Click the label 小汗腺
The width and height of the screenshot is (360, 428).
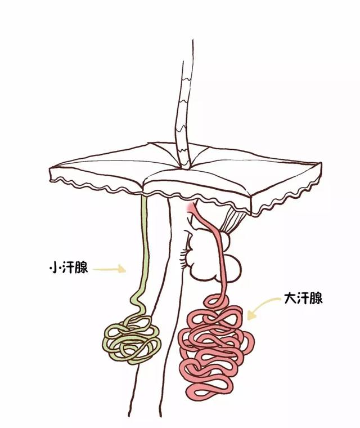click(x=69, y=268)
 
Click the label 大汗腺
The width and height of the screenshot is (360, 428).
click(x=303, y=298)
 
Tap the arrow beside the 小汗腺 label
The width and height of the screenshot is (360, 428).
click(x=110, y=269)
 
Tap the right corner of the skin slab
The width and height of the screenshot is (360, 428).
click(x=321, y=164)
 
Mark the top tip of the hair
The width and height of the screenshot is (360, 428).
click(x=193, y=40)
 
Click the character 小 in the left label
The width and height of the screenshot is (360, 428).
click(x=53, y=269)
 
